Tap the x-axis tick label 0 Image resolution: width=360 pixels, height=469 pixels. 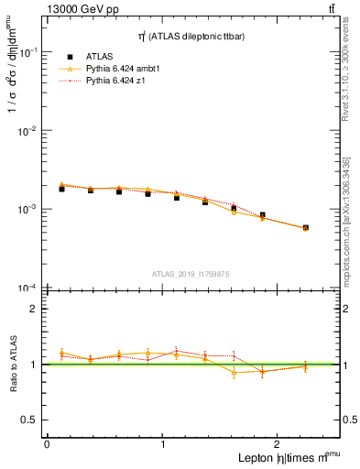click(47, 444)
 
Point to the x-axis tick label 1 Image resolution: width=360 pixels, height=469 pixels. click(163, 444)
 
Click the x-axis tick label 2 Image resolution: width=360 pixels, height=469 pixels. click(280, 444)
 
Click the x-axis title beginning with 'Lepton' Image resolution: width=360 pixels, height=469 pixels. click(279, 458)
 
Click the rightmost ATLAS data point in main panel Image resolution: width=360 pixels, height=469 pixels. click(305, 227)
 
